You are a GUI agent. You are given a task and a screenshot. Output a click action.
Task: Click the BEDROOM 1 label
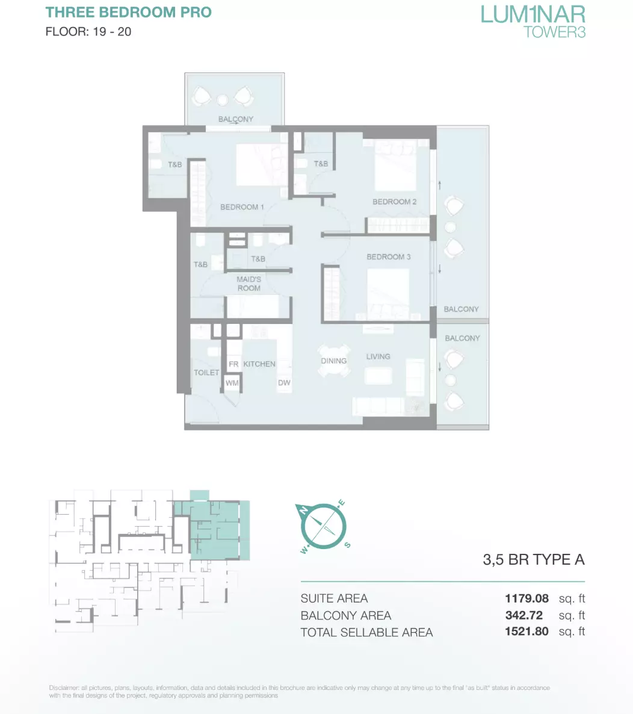tap(242, 206)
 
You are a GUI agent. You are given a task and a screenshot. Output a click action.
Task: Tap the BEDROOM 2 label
tap(394, 202)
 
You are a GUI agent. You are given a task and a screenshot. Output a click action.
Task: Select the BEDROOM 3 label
tap(388, 257)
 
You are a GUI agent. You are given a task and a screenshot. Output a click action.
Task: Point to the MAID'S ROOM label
tap(249, 284)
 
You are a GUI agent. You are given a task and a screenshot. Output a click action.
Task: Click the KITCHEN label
tap(259, 364)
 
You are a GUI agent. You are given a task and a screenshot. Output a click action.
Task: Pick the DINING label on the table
tap(333, 361)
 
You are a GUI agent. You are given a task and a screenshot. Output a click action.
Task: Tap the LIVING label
tap(378, 356)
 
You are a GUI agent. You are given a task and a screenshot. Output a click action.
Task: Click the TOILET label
tap(206, 373)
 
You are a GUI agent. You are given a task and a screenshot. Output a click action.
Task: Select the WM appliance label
tap(232, 383)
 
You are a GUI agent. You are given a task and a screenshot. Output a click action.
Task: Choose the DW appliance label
tap(284, 383)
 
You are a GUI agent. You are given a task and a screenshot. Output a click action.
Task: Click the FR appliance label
tap(233, 364)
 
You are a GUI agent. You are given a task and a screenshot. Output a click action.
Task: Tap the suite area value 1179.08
tap(526, 598)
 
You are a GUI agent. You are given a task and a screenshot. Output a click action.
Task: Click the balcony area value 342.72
tap(523, 615)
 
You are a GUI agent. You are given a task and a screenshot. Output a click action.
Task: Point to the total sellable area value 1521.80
tap(526, 631)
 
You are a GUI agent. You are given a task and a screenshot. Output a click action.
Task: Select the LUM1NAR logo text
tap(533, 14)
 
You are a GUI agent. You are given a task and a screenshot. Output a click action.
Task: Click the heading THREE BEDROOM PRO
tap(128, 12)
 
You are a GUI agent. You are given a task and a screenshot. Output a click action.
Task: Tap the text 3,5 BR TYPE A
tap(533, 559)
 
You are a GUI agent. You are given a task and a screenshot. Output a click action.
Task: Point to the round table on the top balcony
tap(223, 100)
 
